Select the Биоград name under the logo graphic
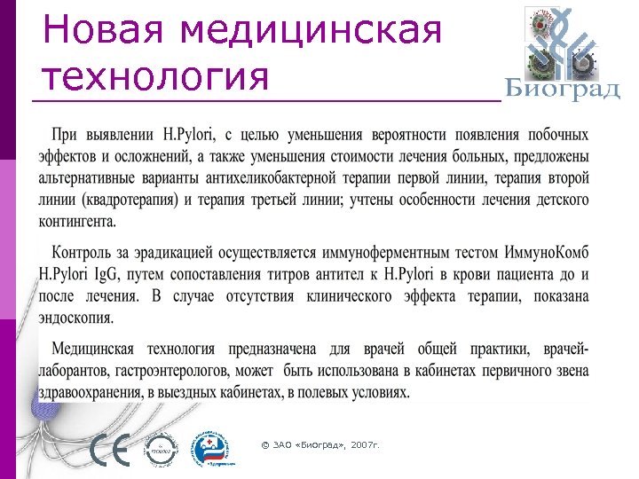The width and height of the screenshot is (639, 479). click(562, 90)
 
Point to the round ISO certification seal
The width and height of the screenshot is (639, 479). click(162, 450)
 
